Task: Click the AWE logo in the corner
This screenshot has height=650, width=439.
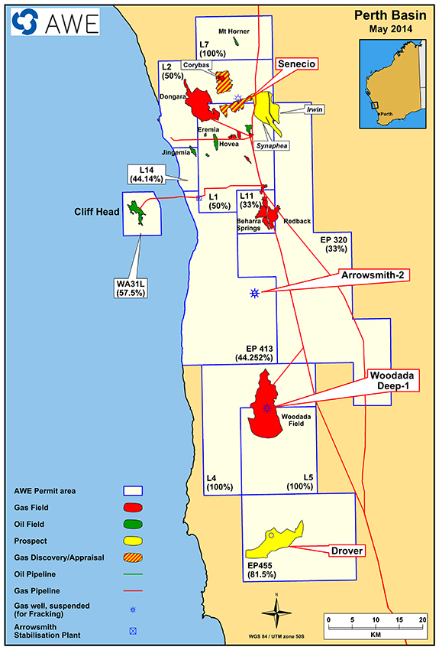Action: (x=55, y=21)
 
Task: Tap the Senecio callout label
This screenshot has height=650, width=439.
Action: (x=296, y=63)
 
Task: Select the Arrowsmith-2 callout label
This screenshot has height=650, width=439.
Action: (x=374, y=275)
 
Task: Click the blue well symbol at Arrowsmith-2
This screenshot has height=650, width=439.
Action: (x=254, y=293)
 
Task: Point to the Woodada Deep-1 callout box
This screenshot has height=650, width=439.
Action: (x=394, y=381)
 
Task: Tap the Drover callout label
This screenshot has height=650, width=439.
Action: (x=347, y=551)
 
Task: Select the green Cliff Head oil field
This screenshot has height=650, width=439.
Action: (x=137, y=211)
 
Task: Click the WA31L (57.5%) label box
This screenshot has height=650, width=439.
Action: (x=131, y=288)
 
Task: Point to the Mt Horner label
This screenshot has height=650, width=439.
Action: (x=234, y=31)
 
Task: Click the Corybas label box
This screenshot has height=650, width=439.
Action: (x=196, y=65)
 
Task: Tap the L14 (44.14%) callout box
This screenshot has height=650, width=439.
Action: (x=147, y=174)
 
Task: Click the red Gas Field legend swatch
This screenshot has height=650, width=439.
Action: (x=133, y=508)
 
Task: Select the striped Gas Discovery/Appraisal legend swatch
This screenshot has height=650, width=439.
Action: (x=133, y=557)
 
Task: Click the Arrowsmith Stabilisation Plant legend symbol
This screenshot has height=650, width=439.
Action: (x=133, y=631)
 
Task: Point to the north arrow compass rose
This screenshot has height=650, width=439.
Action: (x=276, y=613)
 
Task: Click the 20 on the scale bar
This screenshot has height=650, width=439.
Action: (x=422, y=619)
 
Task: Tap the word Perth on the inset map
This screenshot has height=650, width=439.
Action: (x=386, y=114)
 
